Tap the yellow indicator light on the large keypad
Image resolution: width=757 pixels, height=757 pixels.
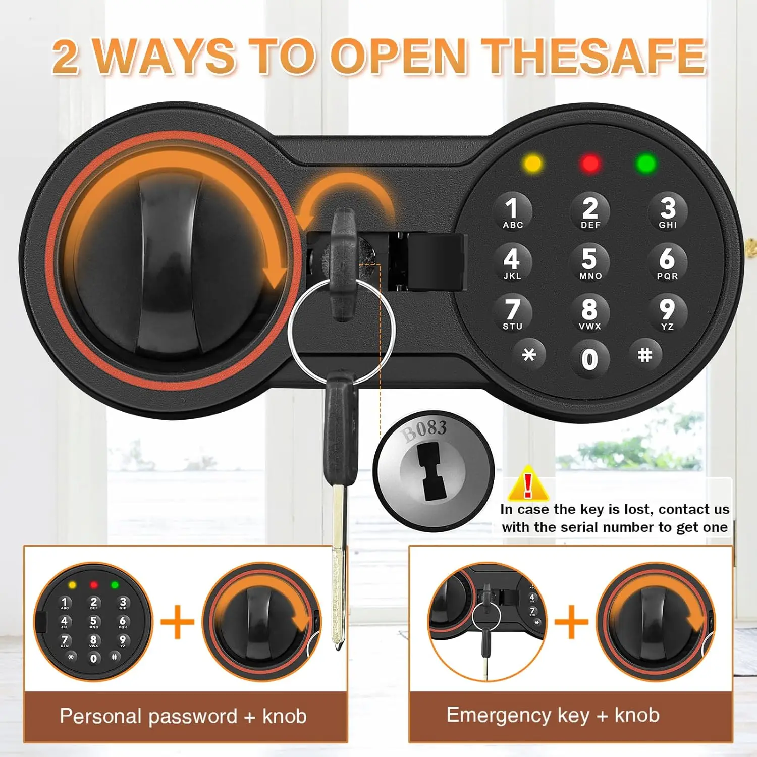[x=533, y=164]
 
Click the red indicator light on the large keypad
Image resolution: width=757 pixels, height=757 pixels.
[x=590, y=164]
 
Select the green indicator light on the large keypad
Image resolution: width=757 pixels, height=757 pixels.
[x=646, y=164]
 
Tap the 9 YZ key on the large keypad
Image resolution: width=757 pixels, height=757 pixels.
[x=667, y=313]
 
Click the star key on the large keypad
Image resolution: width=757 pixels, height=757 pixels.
[x=528, y=355]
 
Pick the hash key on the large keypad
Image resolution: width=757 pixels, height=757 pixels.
[x=645, y=355]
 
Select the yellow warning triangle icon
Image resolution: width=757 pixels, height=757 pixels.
[x=528, y=484]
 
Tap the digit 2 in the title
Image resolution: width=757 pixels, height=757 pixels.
[x=66, y=57]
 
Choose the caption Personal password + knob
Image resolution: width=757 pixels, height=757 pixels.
[x=183, y=716]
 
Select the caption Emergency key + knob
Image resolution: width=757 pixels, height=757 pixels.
[x=553, y=715]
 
